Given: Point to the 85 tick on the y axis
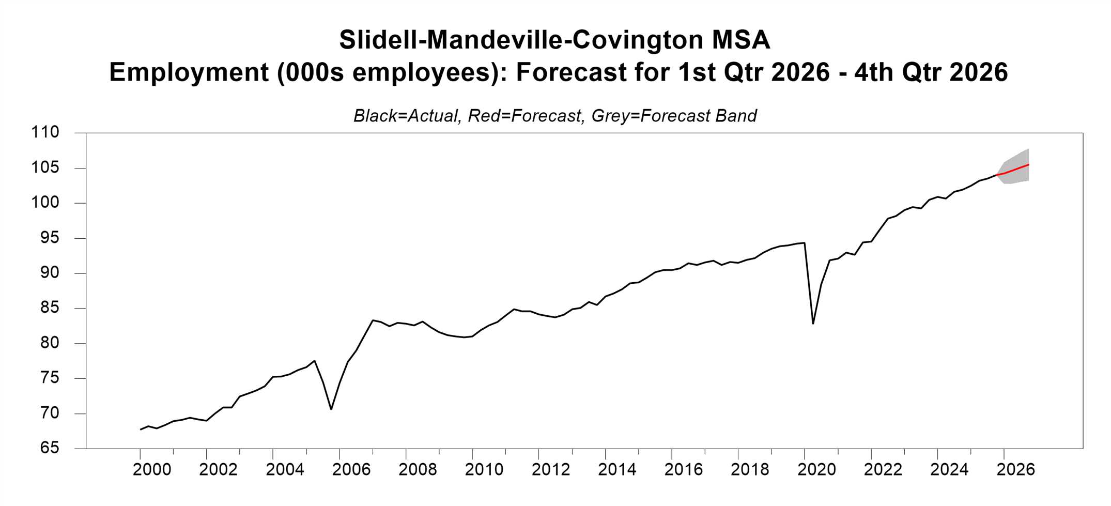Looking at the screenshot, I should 47,308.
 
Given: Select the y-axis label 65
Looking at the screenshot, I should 47,448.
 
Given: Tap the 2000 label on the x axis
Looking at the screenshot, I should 152,469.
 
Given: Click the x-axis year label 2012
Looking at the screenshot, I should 551,469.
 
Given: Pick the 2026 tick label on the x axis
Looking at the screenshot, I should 1016,469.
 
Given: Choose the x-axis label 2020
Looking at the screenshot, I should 816,469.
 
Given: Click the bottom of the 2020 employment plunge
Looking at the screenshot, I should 813,323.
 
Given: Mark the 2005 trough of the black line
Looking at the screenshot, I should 331,409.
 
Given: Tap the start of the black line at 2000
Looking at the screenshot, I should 141,429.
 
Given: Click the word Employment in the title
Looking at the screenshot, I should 189,72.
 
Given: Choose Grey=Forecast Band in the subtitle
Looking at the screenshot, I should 674,116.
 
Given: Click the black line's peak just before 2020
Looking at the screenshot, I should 804,242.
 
